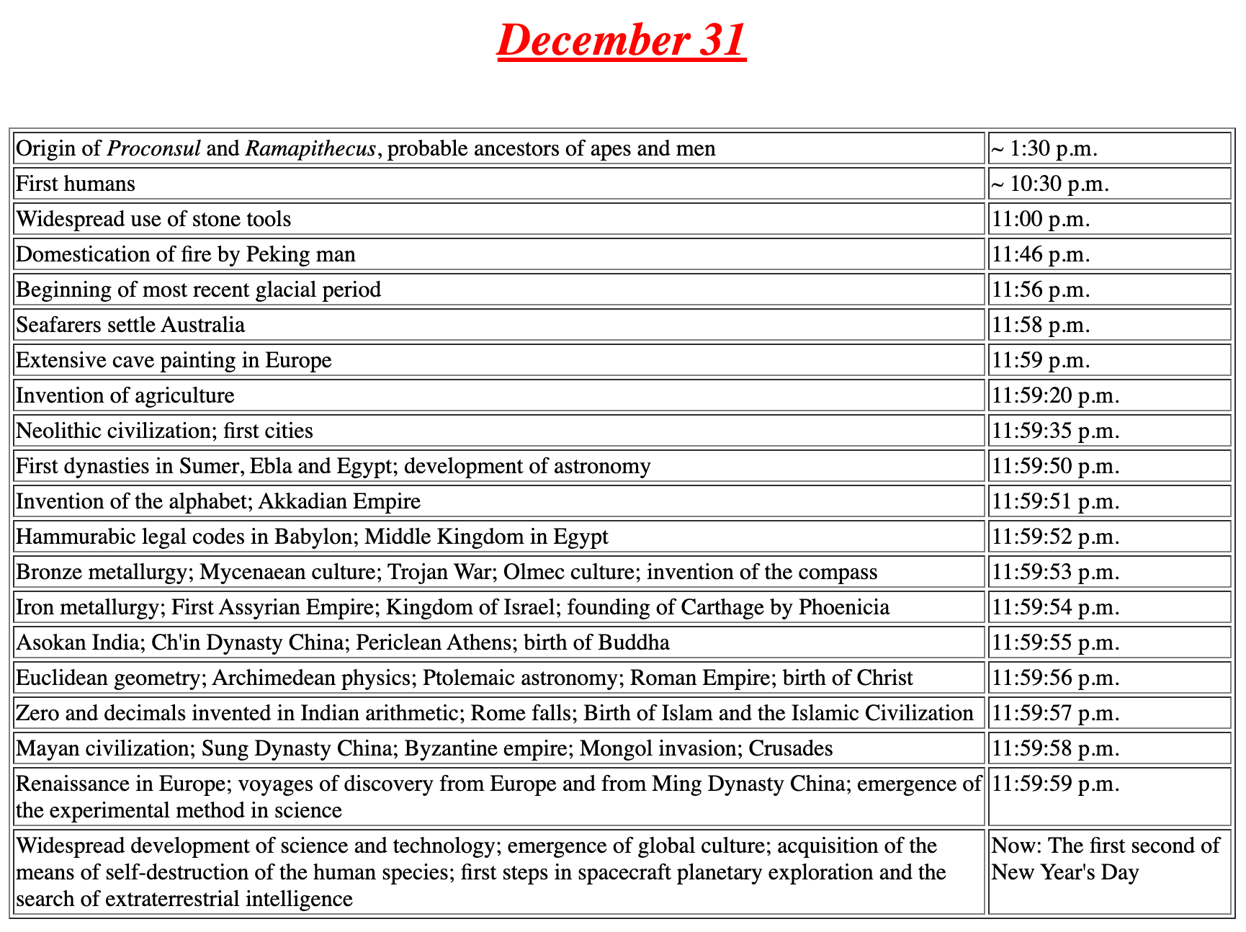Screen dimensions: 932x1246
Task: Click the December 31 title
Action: pyautogui.click(x=622, y=40)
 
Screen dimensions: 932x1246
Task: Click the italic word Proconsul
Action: pyautogui.click(x=153, y=148)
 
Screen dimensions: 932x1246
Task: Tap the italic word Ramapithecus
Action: pyautogui.click(x=310, y=148)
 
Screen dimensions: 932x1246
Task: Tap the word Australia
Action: pyautogui.click(x=203, y=325)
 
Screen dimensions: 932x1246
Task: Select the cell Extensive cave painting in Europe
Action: pyautogui.click(x=174, y=360)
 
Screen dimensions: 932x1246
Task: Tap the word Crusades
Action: pyautogui.click(x=791, y=748)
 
